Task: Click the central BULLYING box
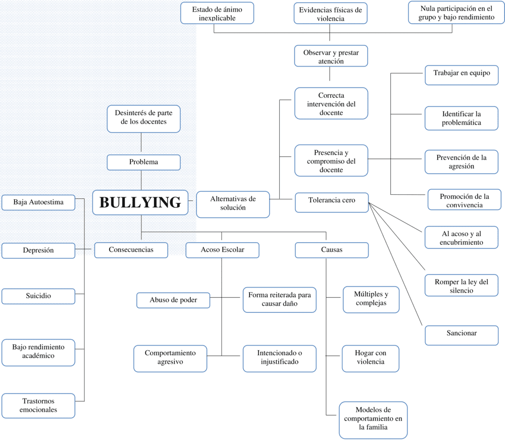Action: click(x=140, y=202)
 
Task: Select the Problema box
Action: click(x=143, y=162)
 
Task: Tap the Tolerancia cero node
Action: click(x=331, y=200)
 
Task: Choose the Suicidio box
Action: click(x=38, y=296)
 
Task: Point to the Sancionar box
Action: click(x=461, y=334)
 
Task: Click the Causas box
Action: click(x=331, y=250)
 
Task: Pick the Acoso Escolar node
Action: click(x=222, y=250)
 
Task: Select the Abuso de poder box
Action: click(x=173, y=300)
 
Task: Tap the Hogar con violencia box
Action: click(x=370, y=358)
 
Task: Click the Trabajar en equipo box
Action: click(x=461, y=74)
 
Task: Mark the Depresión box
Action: click(x=38, y=250)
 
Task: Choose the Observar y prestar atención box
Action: click(x=331, y=56)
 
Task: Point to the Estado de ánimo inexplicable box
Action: click(x=217, y=14)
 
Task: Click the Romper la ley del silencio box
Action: click(x=461, y=286)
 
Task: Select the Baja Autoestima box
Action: click(x=38, y=202)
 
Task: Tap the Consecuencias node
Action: click(x=131, y=250)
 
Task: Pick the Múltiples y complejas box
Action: click(x=371, y=299)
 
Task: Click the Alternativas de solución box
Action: click(x=233, y=203)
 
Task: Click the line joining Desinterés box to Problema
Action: click(x=141, y=144)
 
